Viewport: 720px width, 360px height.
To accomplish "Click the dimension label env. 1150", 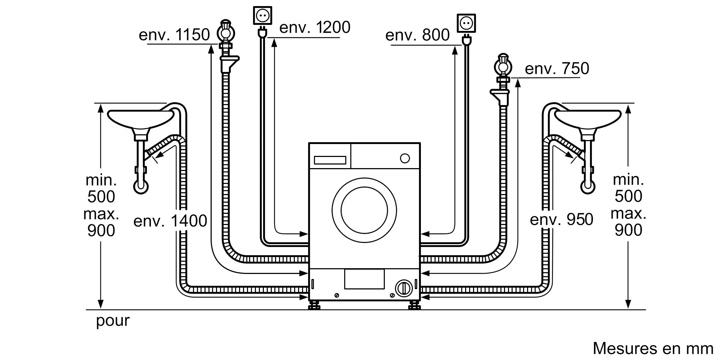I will pos(174,35).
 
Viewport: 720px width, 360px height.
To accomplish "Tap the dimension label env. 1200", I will pos(315,28).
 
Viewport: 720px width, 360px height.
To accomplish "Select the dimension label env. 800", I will pos(417,35).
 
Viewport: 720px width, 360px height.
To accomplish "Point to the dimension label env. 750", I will pos(557,69).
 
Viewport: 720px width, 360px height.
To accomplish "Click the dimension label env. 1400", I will pos(170,221).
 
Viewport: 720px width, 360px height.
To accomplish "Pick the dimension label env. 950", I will pos(561,220).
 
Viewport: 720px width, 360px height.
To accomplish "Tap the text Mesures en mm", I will pos(653,348).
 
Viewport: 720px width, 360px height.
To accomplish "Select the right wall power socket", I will pos(466,23).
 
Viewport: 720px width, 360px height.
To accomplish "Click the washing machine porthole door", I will pos(364,210).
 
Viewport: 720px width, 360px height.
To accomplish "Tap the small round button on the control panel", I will pos(405,158).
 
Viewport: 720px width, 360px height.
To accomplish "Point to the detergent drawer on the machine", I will pos(330,160).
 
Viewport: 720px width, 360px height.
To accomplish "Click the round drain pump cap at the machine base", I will pos(404,288).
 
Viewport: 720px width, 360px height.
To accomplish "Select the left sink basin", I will pos(141,119).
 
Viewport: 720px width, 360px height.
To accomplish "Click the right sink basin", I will pos(588,119).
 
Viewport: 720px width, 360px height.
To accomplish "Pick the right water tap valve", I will pos(503,66).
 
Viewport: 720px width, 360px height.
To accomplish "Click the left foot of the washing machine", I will pos(314,306).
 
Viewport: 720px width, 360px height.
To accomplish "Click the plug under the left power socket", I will pos(262,33).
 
